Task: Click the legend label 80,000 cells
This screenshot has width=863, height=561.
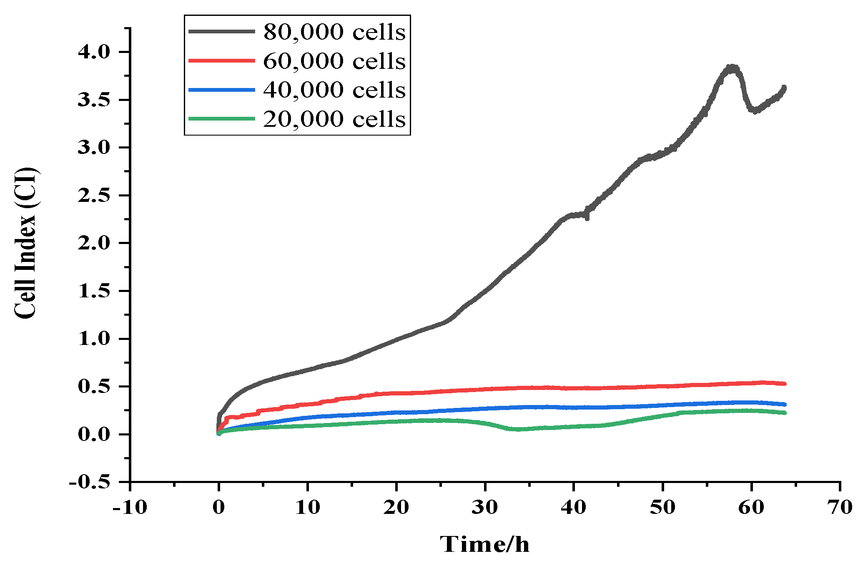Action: click(x=334, y=32)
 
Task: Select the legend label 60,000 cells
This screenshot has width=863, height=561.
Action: click(x=334, y=61)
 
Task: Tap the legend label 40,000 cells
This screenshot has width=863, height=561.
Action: click(x=334, y=90)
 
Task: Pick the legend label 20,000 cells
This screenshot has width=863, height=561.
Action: click(x=334, y=119)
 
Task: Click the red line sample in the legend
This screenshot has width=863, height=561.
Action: click(x=221, y=60)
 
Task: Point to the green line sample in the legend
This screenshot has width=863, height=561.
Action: click(x=221, y=118)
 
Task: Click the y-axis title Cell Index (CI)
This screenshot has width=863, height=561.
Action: click(x=25, y=243)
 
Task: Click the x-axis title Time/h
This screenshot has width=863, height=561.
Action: click(x=484, y=544)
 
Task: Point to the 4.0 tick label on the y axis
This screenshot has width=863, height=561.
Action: click(x=94, y=52)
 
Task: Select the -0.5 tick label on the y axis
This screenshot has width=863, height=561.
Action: click(x=89, y=482)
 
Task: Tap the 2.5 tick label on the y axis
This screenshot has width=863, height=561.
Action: click(x=94, y=195)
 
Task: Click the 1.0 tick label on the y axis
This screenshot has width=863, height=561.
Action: click(x=94, y=339)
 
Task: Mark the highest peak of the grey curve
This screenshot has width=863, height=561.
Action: click(x=732, y=67)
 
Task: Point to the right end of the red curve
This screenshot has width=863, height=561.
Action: click(x=785, y=384)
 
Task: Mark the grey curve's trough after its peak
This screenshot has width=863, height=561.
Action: click(x=755, y=111)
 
